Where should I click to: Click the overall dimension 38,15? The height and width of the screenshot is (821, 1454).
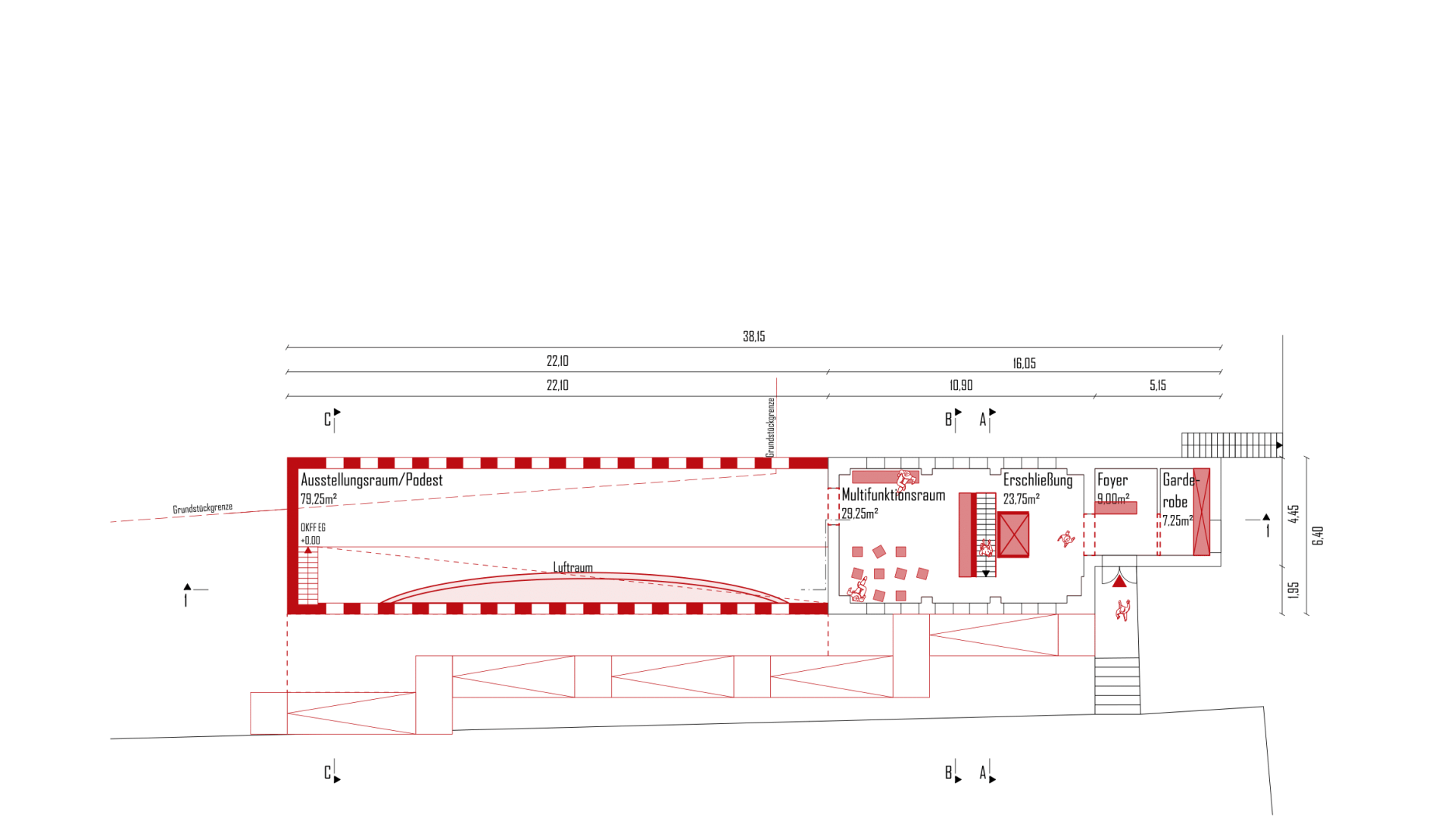[x=754, y=336]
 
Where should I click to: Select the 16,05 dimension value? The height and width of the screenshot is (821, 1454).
[x=1024, y=364]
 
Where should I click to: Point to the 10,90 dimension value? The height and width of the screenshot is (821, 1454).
[x=961, y=386]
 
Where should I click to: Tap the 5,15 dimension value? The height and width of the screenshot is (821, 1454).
[x=1157, y=386]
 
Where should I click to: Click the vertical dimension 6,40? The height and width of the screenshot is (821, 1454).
[x=1318, y=535]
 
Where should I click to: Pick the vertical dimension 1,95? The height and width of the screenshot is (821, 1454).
[x=1293, y=589]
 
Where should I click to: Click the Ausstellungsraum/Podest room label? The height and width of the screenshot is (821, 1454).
[x=371, y=480]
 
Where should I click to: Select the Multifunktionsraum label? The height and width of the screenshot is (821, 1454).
[x=894, y=495]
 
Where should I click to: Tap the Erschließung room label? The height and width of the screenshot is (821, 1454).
[x=1037, y=480]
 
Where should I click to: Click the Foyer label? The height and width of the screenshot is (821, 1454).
[x=1112, y=480]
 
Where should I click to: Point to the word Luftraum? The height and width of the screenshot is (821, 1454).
[x=573, y=567]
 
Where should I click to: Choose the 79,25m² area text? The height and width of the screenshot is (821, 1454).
[x=318, y=499]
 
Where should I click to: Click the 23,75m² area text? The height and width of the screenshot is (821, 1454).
[x=1021, y=499]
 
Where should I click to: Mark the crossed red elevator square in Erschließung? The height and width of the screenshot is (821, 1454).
[x=1013, y=535]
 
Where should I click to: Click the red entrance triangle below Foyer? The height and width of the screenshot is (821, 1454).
[x=1119, y=582]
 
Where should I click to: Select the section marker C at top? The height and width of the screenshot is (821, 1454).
[x=328, y=420]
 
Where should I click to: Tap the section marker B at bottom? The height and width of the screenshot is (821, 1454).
[x=948, y=773]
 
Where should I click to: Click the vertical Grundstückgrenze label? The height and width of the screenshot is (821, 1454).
[x=771, y=427]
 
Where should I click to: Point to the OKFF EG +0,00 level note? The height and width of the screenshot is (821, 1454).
[x=312, y=534]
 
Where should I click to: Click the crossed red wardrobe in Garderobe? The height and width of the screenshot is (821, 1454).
[x=1201, y=512]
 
